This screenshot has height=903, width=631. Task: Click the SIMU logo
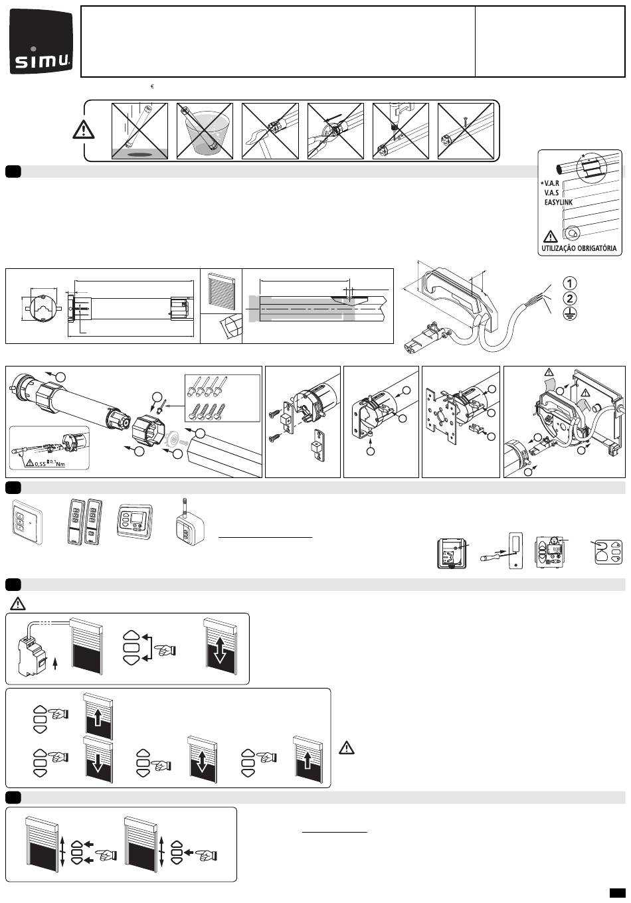point(42,42)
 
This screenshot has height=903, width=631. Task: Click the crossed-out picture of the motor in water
point(205,131)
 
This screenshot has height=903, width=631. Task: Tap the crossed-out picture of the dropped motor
point(139,131)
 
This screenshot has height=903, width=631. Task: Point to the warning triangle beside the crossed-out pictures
point(84,129)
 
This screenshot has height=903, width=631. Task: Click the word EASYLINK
point(558,203)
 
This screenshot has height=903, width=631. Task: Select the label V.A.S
point(551,193)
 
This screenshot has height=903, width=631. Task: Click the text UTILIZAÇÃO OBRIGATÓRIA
point(579,248)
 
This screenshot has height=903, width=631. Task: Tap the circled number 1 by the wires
point(569,284)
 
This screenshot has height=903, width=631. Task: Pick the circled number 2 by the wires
point(569,299)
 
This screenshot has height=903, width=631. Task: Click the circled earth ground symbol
point(569,313)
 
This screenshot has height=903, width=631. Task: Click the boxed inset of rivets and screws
point(222,398)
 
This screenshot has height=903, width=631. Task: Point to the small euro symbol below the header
point(152,86)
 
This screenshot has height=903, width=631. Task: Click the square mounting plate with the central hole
point(442,416)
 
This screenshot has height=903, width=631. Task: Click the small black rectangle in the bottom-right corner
point(617,892)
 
